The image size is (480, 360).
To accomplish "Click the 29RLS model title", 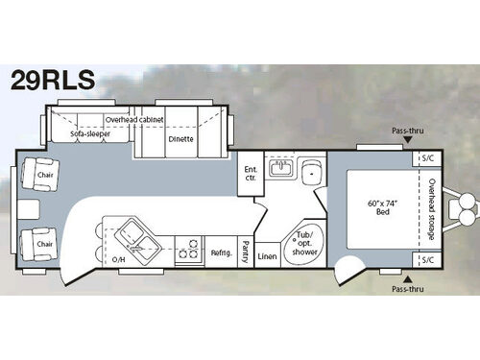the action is pos(53,80).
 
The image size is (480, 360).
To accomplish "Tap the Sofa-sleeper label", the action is pos(90,133).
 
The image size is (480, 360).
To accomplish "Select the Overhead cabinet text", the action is pos(134,120).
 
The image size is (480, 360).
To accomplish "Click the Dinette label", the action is pos(180,139).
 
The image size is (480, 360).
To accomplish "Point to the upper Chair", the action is pos(40,175).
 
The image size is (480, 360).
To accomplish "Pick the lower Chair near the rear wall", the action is pos(39,244).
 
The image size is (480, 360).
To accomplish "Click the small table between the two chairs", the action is pos(29,209).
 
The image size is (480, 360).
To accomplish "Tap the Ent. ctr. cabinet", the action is pos(251,173).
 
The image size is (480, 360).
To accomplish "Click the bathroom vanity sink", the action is pos(280,168).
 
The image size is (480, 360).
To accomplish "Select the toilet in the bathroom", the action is pos(311,173).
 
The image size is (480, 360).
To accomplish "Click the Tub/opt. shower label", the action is pos(304,243).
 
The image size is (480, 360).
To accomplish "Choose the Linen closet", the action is pos(268,255).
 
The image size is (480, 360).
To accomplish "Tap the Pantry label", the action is pos(246,252).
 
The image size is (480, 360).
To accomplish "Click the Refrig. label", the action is pos(221,252).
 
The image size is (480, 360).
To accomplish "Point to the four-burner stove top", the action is pos(188,249).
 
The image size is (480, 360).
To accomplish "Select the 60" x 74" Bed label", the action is pos(382,207).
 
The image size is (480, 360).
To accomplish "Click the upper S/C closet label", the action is pos(428,158).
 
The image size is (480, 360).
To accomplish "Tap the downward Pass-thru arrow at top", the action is pos(408,140).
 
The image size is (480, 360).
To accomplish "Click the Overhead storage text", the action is pos(432,209).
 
